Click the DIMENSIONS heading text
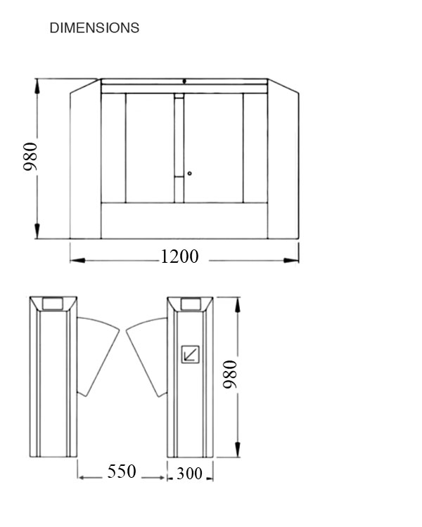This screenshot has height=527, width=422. tap(94, 28)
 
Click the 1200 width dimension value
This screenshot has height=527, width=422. tap(179, 256)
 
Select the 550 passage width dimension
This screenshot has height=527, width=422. tap(122, 471)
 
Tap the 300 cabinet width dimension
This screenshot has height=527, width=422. tap(189, 474)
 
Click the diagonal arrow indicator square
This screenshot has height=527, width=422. tap(191, 353)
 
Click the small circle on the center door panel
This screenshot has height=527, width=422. tap(189, 173)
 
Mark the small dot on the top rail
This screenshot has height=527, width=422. tap(184, 81)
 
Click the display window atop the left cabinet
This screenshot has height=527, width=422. tap(53, 304)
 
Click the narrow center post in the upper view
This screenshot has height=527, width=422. tap(179, 148)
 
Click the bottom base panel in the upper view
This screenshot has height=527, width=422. tap(184, 220)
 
